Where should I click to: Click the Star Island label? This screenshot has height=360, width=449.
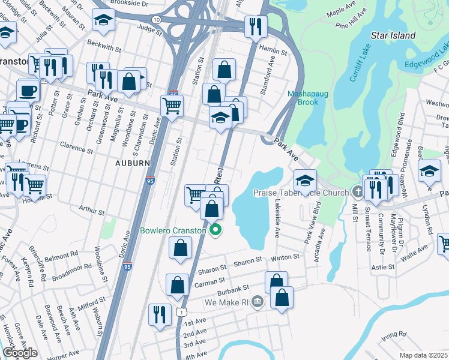[x=393, y=35]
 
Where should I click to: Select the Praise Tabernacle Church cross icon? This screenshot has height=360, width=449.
[x=358, y=193]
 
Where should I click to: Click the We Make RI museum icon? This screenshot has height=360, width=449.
[x=258, y=301]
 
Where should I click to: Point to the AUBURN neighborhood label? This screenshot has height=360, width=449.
[x=132, y=163]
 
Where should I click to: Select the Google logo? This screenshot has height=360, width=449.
[x=20, y=353]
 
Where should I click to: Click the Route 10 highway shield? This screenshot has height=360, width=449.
[x=157, y=20]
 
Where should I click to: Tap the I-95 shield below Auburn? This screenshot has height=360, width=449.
[x=150, y=179]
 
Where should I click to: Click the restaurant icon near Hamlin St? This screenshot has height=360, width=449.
[x=255, y=26]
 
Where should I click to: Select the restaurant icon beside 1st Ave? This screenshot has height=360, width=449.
[x=159, y=314]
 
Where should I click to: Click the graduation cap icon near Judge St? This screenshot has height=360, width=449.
[x=103, y=19]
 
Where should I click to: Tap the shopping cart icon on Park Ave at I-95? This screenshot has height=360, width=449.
[x=172, y=106]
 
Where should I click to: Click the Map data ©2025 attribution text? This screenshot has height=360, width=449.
[x=423, y=355]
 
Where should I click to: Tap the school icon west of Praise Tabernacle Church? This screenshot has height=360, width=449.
[x=305, y=179]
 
